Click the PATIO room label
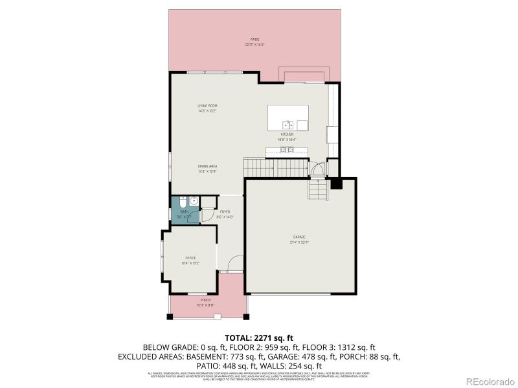[x=256, y=39]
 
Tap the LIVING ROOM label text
[x=207, y=105]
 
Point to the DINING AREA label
[x=207, y=166]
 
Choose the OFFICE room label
[x=190, y=258]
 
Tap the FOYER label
[x=225, y=211]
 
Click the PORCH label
[x=205, y=300]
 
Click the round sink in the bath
[x=193, y=201]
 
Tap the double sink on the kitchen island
[x=288, y=124]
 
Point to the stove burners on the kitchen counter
[x=287, y=150]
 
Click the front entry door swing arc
[x=235, y=264]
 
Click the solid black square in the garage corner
[x=335, y=184]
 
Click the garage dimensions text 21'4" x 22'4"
[x=300, y=242]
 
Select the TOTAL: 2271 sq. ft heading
[x=258, y=338]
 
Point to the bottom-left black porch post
[x=170, y=317]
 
